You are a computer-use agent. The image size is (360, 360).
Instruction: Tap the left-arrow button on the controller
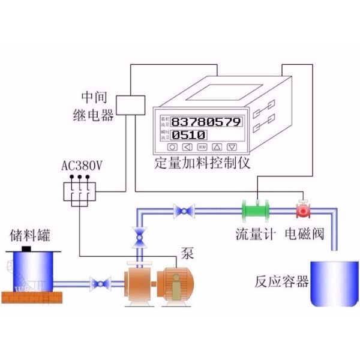pyautogui.click(x=188, y=146)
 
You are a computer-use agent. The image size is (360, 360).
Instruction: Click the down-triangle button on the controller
pyautogui.click(x=232, y=146)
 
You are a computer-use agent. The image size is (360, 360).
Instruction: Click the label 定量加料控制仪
pyautogui.click(x=202, y=163)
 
